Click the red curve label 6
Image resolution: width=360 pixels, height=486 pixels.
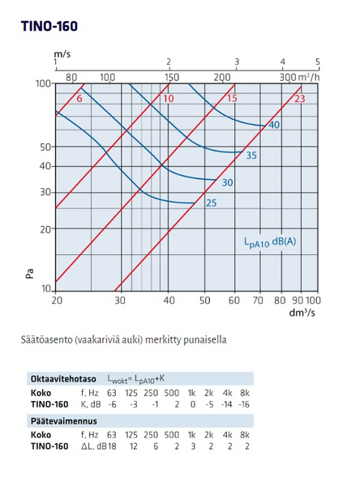tap(79, 99)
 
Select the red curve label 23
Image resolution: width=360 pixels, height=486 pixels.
tap(299, 99)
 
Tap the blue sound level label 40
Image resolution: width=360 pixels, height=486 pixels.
tap(274, 125)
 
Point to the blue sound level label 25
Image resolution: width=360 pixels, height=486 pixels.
tap(211, 202)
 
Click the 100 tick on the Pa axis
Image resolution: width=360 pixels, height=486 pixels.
tap(43, 83)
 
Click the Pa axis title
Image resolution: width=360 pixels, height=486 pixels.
tap(29, 275)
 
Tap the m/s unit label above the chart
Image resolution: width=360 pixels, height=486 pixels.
tap(62, 53)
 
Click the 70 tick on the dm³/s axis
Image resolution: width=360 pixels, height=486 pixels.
tap(259, 300)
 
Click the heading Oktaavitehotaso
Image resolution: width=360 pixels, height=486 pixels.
tap(63, 378)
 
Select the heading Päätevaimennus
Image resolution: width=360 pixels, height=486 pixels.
tap(58, 420)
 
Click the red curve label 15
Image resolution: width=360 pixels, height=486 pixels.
tap(231, 99)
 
